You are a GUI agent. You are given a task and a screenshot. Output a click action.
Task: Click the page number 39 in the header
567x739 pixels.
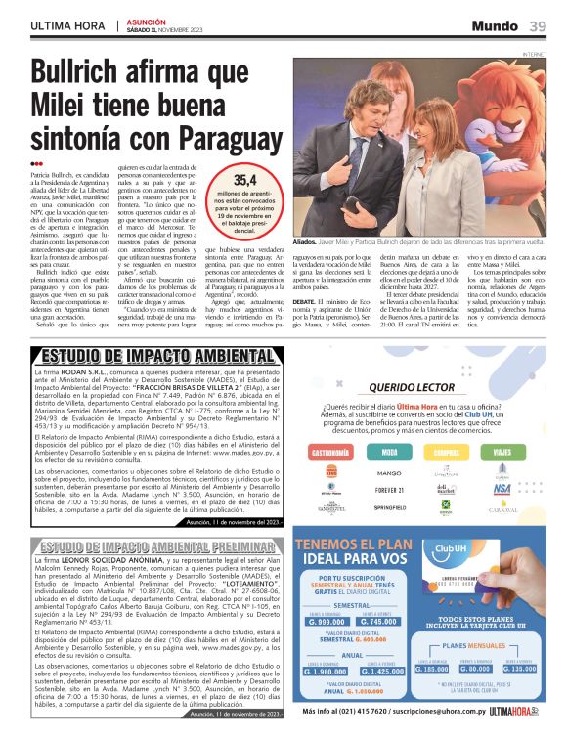pos(539,25)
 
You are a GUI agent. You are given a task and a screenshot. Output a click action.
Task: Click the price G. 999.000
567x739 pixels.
pos(326,622)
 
